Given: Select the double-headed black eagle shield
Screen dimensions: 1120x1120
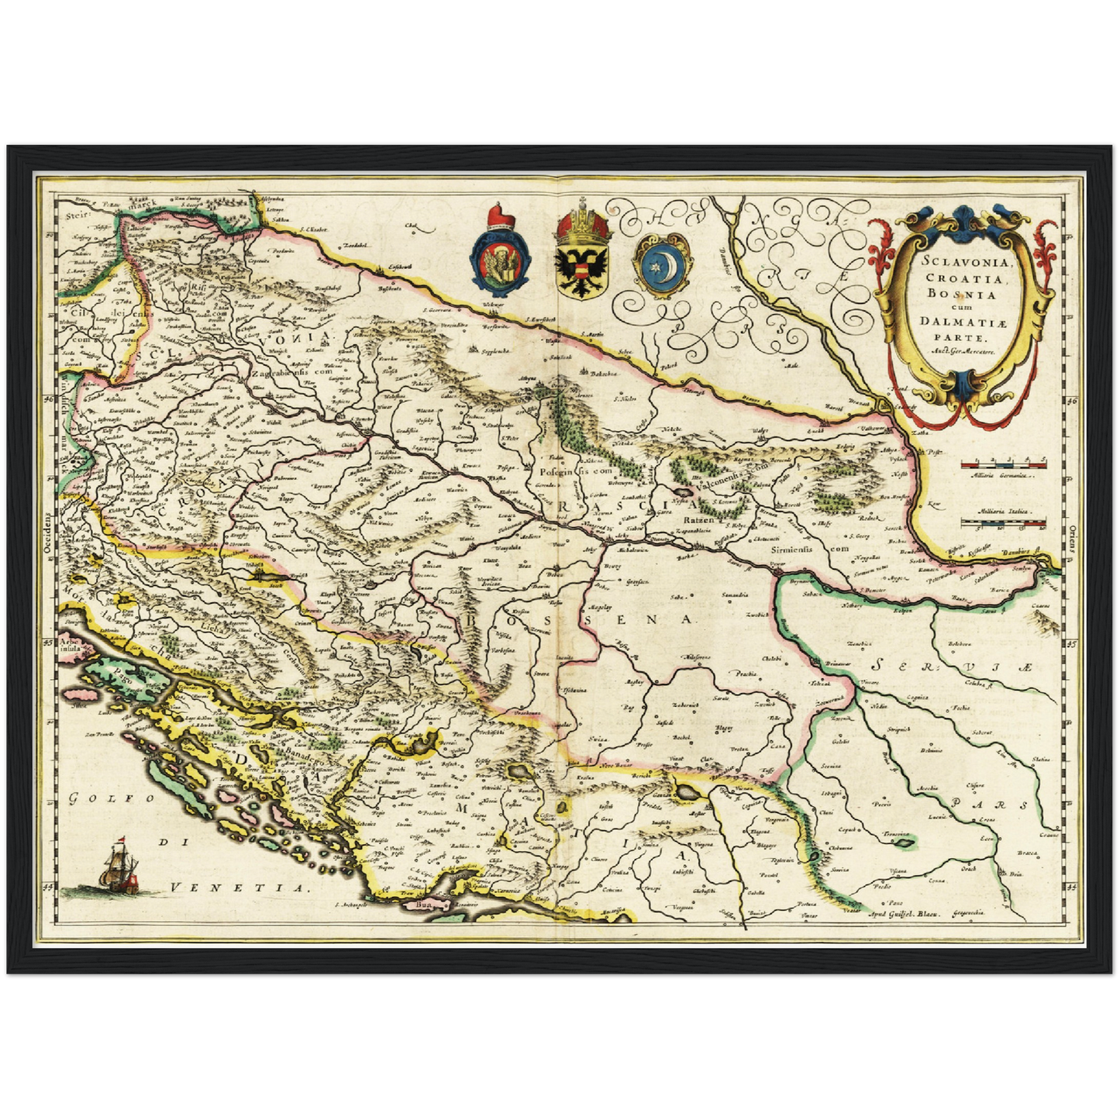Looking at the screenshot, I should point(582,256).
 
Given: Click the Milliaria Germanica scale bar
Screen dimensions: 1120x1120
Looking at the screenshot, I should point(1003,464).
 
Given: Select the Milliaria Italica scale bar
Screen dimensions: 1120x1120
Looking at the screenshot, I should point(1003,525).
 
